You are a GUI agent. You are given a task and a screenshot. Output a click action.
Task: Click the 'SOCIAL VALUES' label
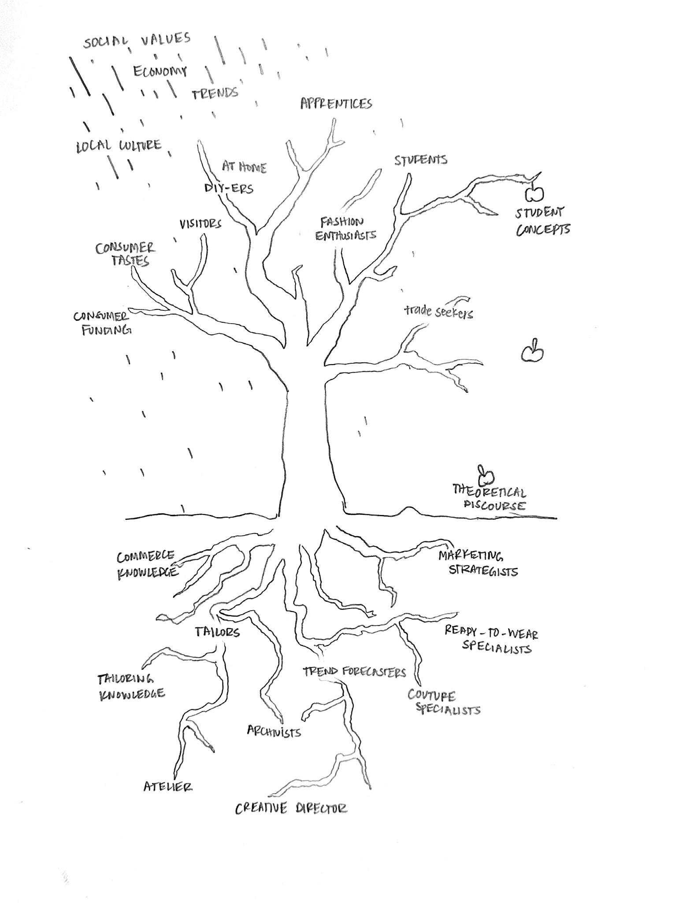click(x=137, y=41)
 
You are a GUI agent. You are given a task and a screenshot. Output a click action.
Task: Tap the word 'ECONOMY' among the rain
click(x=160, y=71)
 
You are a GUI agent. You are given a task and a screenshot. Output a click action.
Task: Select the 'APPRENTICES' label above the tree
click(x=336, y=104)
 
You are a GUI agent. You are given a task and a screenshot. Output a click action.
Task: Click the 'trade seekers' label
click(x=438, y=312)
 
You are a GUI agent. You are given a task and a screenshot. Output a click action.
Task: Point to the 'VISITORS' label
click(x=200, y=224)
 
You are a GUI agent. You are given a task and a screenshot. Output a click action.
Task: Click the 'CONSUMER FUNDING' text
click(x=102, y=323)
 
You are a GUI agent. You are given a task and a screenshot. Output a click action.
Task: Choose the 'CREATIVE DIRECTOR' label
click(x=291, y=808)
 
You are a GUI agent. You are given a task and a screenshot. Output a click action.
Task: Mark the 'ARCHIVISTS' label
click(x=274, y=731)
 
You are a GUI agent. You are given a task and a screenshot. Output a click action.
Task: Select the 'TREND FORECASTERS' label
click(x=354, y=672)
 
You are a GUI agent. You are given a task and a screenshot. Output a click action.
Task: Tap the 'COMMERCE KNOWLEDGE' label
click(x=147, y=564)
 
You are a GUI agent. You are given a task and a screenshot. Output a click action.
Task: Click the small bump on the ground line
click(x=409, y=510)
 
